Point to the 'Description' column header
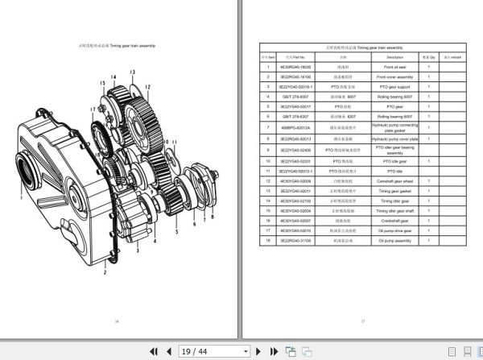coord(394,57)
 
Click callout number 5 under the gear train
coord(176,231)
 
